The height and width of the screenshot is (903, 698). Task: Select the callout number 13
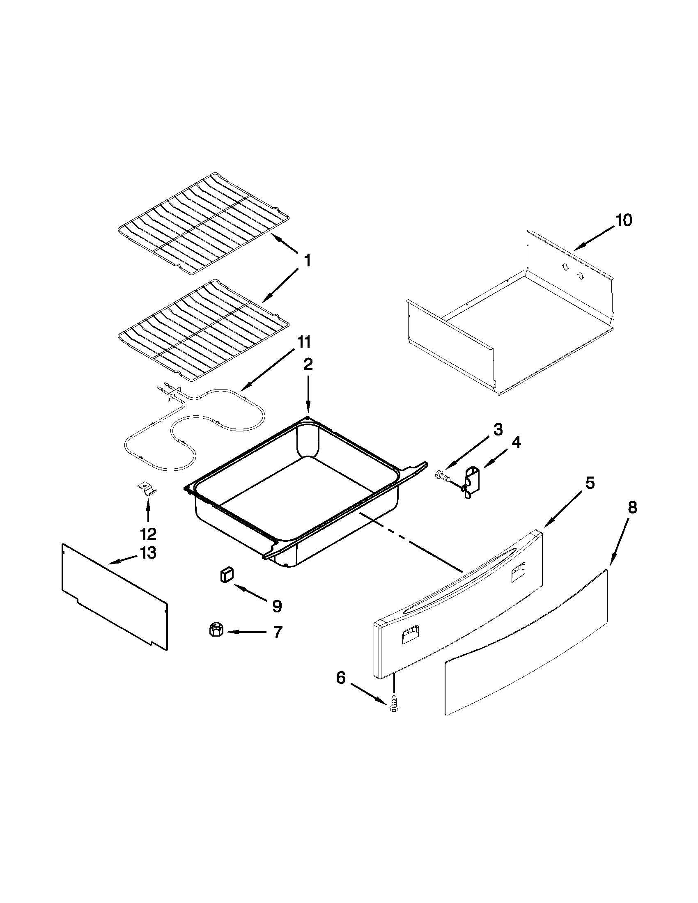[x=148, y=553]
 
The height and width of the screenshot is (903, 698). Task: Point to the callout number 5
[x=589, y=483]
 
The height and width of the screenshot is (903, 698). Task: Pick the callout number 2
[x=308, y=364]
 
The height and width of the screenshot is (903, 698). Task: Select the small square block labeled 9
[x=226, y=575]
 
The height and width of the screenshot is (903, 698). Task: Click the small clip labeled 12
[x=147, y=488]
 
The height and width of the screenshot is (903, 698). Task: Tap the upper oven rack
[x=202, y=223]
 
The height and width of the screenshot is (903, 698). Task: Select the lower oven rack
[x=202, y=330]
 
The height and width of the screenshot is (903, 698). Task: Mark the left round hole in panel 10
[x=565, y=267]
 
